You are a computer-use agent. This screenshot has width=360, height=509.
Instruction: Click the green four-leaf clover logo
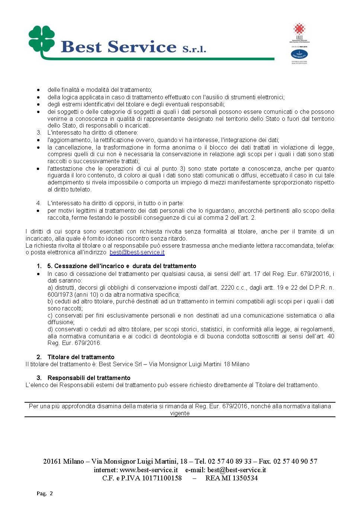click(42, 39)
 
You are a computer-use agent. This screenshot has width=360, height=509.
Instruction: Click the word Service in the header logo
click(142, 47)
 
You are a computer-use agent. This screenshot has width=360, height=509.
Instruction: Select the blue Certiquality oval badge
click(299, 55)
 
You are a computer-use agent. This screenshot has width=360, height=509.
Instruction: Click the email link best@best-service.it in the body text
click(137, 252)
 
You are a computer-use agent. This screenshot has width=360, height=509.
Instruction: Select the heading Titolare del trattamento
click(81, 357)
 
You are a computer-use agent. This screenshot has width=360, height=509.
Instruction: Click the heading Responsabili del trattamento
click(89, 378)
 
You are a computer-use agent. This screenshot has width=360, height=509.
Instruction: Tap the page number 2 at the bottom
click(51, 493)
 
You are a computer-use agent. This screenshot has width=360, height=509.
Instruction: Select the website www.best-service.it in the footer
click(149, 470)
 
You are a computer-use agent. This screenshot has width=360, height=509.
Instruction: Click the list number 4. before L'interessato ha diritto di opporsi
click(39, 203)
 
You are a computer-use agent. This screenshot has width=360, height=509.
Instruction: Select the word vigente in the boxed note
click(180, 413)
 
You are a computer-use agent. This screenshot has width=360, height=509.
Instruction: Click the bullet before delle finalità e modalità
click(38, 90)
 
